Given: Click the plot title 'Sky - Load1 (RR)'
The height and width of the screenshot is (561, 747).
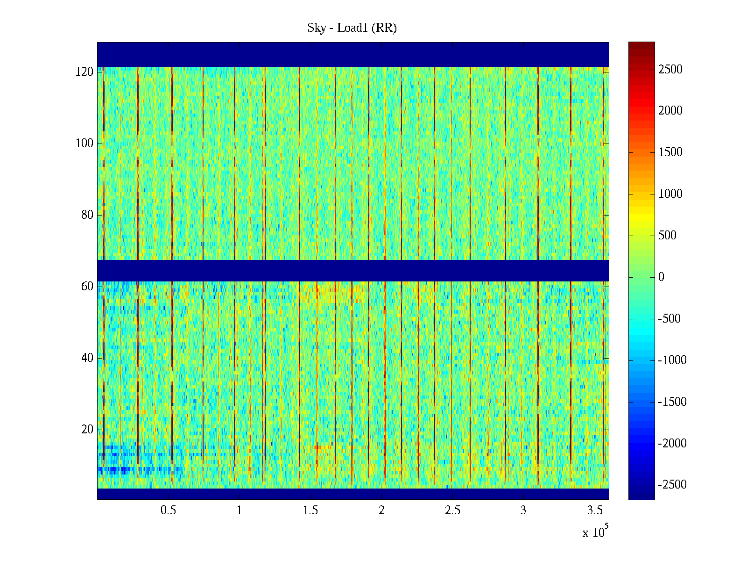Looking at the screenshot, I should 352,28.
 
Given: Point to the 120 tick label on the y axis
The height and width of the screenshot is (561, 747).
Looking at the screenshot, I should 85,72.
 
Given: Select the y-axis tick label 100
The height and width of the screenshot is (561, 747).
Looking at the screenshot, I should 85,144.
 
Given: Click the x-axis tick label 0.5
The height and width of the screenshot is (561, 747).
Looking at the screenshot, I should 169,511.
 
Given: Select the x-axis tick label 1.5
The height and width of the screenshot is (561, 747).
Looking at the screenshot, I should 310,511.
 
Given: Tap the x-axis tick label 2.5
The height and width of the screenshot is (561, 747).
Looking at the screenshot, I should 452,511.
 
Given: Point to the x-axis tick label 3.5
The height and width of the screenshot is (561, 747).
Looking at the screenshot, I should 594,511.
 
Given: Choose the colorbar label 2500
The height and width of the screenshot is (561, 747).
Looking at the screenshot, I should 670,70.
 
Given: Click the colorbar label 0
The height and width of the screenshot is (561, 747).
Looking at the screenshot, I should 661,277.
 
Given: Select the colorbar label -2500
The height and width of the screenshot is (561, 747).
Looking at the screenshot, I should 672,485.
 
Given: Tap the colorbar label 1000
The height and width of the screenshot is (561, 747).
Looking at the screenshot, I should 670,194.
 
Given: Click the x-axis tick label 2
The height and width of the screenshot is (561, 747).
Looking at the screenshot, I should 381,511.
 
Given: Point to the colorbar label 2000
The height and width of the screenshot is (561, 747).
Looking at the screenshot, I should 670,111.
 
